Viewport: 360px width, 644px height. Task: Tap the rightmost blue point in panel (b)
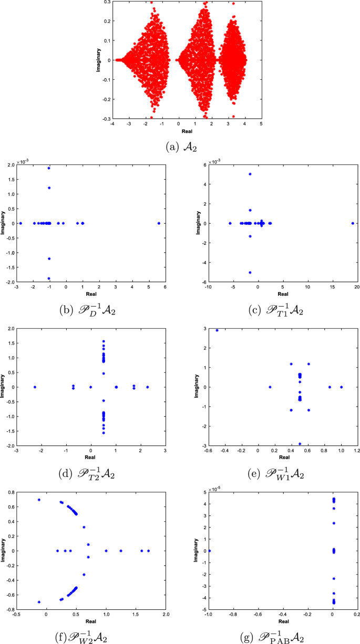[x=159, y=223]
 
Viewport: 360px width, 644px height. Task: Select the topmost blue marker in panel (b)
[x=49, y=168]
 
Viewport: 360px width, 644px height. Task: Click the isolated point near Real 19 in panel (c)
[x=353, y=223]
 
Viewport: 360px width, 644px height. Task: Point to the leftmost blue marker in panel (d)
[x=35, y=387]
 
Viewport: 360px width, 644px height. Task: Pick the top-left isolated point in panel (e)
[x=217, y=330]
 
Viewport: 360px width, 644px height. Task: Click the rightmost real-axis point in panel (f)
[x=149, y=551]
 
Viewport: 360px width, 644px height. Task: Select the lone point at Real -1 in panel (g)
[x=209, y=551]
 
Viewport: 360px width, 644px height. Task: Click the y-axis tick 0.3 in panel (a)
[x=107, y=2]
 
